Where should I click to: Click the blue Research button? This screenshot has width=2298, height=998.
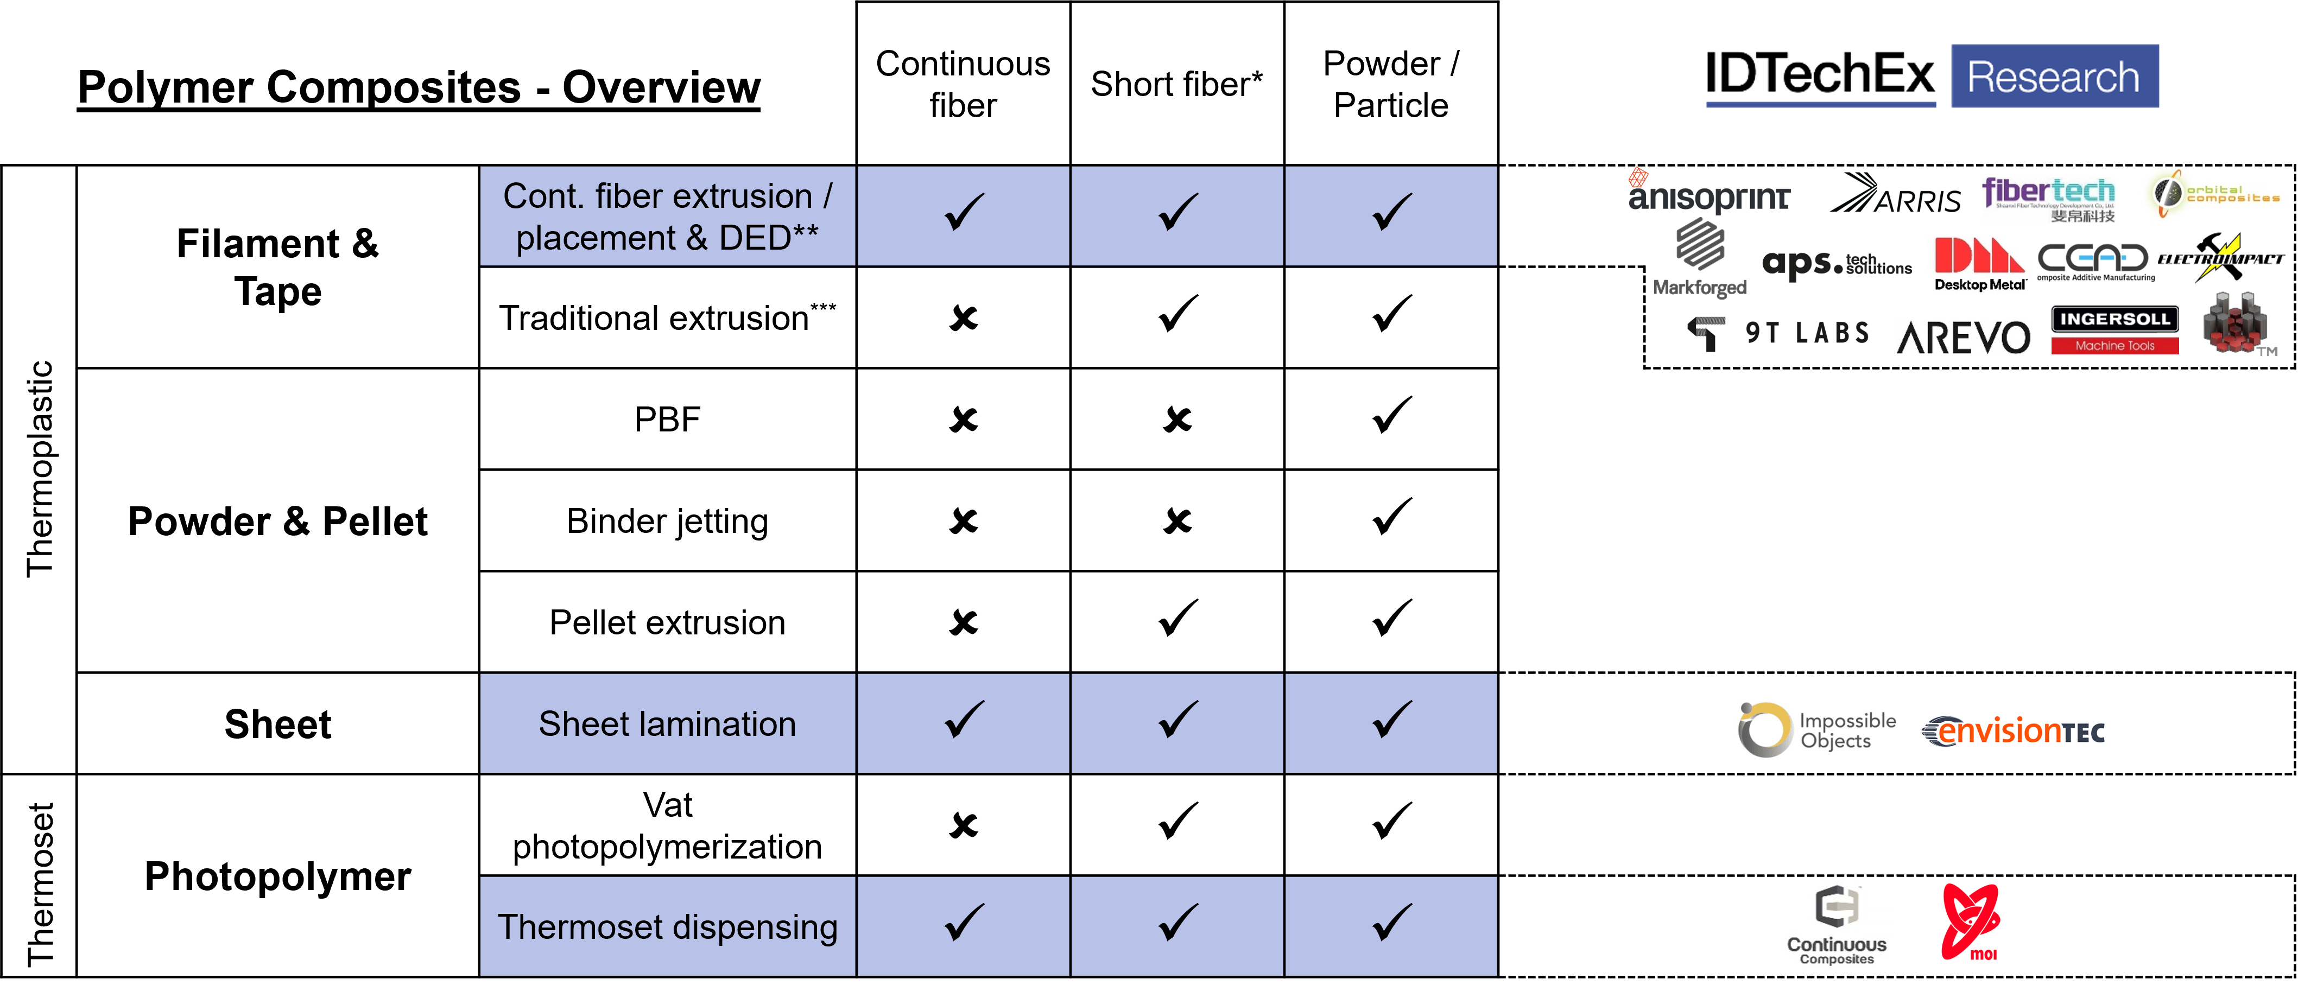(x=2054, y=77)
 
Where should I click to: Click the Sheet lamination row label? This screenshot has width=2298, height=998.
(x=667, y=723)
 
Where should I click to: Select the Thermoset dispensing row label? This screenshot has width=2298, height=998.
(x=667, y=927)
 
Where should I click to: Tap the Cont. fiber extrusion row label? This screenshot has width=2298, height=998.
(x=667, y=216)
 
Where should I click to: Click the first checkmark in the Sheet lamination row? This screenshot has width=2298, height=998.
(x=964, y=721)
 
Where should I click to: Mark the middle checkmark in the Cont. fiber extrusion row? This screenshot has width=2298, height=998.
(x=1178, y=213)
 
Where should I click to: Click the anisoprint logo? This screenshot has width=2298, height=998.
(x=1708, y=192)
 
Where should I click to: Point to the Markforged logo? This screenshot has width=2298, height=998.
(x=1699, y=259)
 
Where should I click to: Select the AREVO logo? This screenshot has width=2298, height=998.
(x=1963, y=337)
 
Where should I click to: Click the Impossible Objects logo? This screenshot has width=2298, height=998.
(x=1816, y=729)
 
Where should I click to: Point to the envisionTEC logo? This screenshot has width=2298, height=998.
(x=2014, y=732)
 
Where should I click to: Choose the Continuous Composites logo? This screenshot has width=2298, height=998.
(x=1837, y=923)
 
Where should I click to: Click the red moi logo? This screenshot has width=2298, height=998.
(x=1972, y=921)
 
